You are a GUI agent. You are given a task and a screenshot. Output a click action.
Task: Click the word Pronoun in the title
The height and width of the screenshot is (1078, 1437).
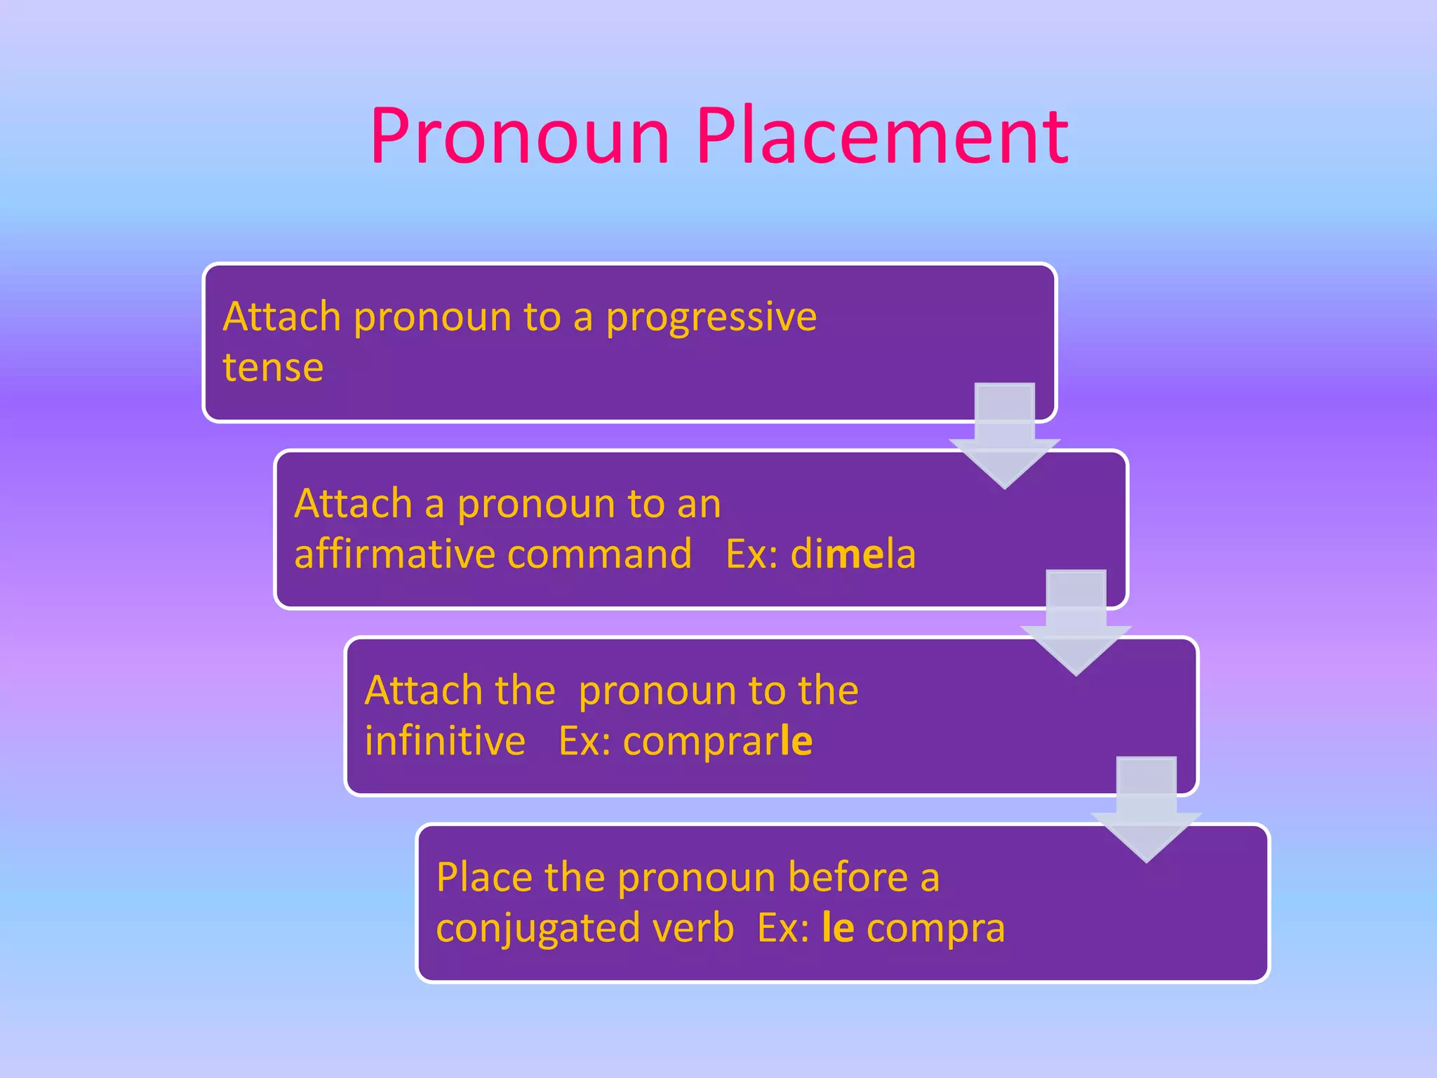pyautogui.click(x=520, y=137)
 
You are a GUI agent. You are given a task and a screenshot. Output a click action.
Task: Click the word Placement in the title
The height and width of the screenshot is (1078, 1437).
pyautogui.click(x=881, y=137)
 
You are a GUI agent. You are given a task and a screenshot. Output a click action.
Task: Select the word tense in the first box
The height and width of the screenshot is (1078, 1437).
pyautogui.click(x=273, y=368)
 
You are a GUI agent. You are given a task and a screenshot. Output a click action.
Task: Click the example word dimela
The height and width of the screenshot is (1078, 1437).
pyautogui.click(x=853, y=554)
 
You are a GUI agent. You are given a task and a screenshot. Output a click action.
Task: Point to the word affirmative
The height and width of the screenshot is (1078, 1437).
pyautogui.click(x=392, y=554)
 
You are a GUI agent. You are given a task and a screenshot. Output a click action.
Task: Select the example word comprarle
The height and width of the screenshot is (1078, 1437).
pyautogui.click(x=717, y=741)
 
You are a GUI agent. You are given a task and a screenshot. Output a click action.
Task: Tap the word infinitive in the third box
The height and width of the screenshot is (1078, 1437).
pyautogui.click(x=445, y=741)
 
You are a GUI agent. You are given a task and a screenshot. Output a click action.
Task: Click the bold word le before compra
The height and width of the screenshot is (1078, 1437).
pyautogui.click(x=838, y=928)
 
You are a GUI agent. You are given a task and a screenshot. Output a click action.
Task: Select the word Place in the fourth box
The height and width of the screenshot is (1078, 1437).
pyautogui.click(x=483, y=878)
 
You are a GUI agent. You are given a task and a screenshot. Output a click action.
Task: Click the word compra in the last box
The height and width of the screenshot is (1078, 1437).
pyautogui.click(x=935, y=929)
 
